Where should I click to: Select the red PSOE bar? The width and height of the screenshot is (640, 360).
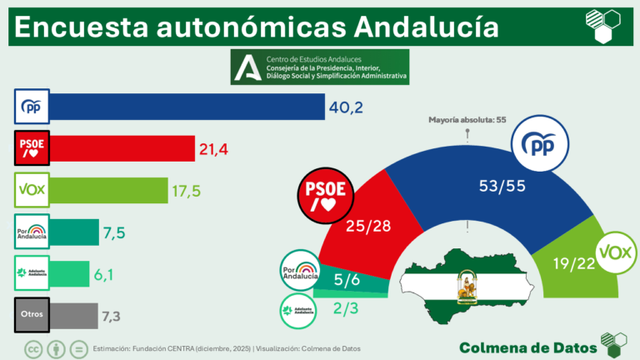pos(122,148)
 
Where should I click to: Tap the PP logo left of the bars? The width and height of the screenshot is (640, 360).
pos(32,107)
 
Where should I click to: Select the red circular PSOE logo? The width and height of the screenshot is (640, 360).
pos(326,194)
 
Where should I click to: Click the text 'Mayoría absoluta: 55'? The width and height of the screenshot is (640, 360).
pos(467,120)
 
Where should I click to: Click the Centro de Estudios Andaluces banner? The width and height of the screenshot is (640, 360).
pos(320,67)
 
